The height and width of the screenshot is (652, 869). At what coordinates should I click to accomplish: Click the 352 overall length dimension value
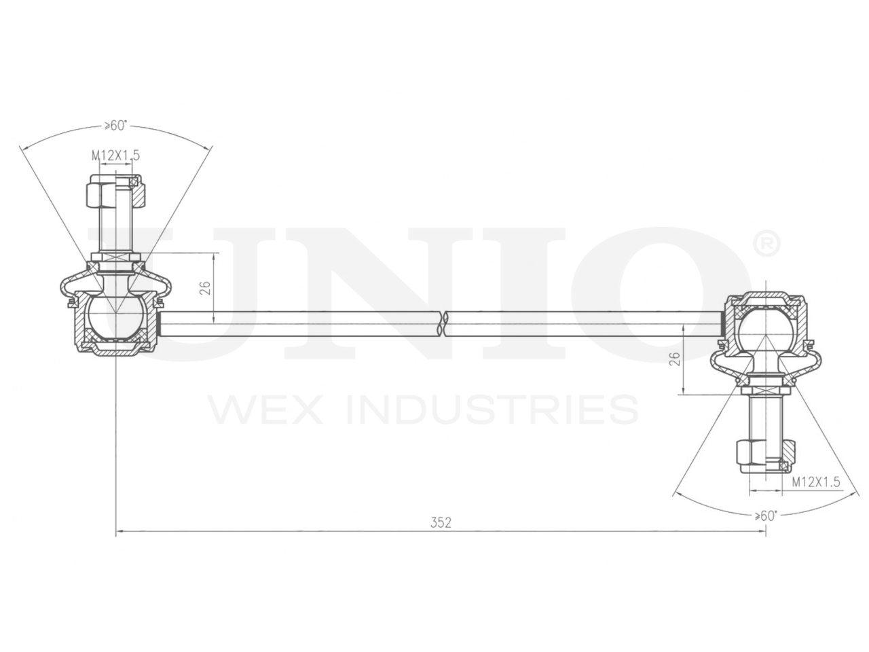(441, 522)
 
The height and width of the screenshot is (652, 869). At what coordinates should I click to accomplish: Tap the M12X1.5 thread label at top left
(115, 156)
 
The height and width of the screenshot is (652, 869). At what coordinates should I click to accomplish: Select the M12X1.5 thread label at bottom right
(816, 482)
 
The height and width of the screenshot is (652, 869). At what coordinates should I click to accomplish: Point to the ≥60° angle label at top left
(115, 126)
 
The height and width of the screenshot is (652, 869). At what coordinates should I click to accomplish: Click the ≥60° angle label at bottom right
(765, 515)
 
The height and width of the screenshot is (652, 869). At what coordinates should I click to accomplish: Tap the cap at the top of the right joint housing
(764, 297)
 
